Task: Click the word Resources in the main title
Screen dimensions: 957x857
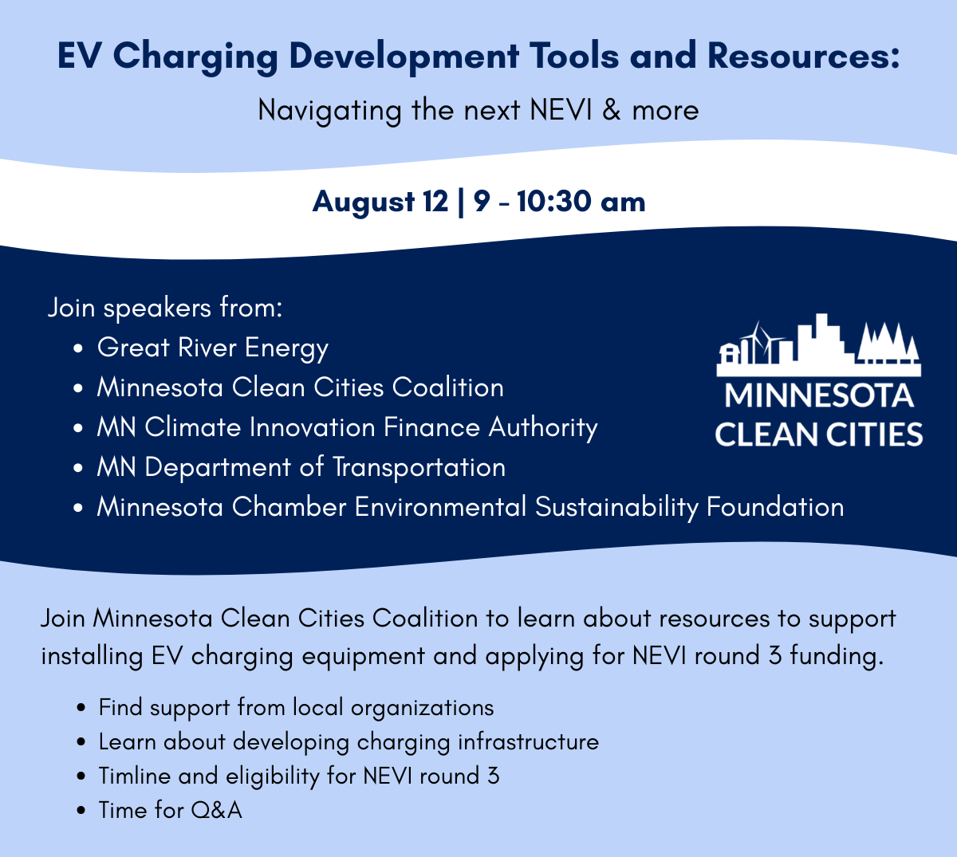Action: [803, 56]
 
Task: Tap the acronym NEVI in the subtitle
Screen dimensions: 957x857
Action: [561, 110]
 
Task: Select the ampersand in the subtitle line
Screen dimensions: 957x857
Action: [611, 110]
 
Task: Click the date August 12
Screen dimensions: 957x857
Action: [380, 202]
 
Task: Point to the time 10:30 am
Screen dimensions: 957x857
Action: [581, 202]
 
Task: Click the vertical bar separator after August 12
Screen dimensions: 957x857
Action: [461, 202]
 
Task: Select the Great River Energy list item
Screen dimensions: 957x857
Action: [213, 348]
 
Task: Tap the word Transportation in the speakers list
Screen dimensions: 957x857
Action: [419, 468]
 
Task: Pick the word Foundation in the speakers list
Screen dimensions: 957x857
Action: [775, 507]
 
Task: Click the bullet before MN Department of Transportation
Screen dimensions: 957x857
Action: [78, 468]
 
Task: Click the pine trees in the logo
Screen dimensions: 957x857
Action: [888, 342]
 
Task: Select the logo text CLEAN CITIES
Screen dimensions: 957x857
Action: [818, 434]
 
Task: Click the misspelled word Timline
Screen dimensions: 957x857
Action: [135, 776]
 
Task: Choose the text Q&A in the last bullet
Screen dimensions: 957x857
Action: [216, 810]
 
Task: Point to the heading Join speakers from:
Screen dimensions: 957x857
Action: [165, 309]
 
